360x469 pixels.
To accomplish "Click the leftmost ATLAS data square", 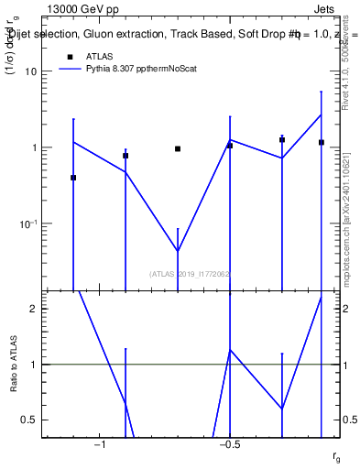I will pos(73,178).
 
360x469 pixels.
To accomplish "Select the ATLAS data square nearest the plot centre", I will pos(178,148).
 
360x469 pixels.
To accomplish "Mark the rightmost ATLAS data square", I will pos(322,142).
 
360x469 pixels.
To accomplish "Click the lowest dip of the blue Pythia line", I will pos(178,251).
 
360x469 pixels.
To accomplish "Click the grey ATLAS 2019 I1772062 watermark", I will pos(190,274).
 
